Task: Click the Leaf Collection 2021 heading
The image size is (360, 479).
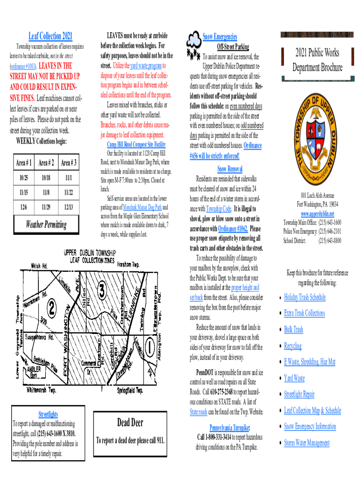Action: click(50, 36)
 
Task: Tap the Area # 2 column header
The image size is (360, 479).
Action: click(46, 163)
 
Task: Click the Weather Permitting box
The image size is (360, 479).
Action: click(46, 225)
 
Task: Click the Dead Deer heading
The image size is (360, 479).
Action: click(130, 423)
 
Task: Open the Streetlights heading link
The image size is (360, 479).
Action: click(48, 414)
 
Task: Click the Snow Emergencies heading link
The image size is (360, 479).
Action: click(220, 36)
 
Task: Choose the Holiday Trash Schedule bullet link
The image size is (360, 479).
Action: click(304, 297)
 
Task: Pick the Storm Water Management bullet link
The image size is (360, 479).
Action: click(306, 443)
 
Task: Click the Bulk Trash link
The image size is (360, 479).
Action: click(293, 329)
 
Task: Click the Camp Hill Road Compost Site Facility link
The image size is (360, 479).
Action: click(133, 144)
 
